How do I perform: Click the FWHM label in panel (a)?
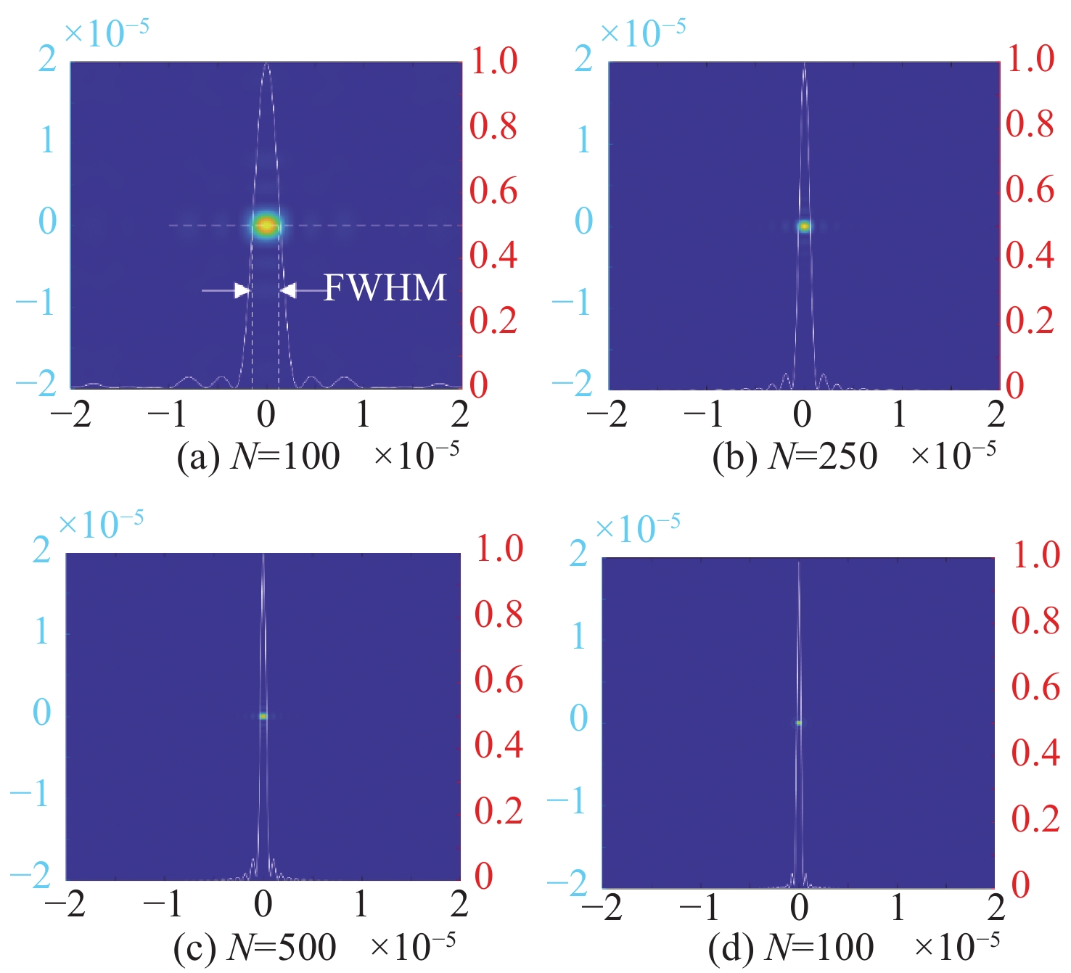click(x=385, y=288)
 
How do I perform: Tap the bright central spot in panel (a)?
click(x=266, y=225)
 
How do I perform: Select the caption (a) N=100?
click(x=258, y=457)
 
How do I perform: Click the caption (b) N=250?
click(x=795, y=457)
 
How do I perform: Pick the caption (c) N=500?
click(x=255, y=947)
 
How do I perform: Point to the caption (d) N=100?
click(x=792, y=947)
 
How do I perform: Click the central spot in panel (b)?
click(x=804, y=226)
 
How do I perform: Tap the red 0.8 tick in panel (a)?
click(x=493, y=126)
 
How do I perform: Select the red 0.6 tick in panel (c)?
click(x=499, y=680)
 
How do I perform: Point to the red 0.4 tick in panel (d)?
click(x=1036, y=753)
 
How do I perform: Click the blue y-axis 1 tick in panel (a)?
click(x=47, y=139)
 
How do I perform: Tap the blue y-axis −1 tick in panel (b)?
click(x=573, y=302)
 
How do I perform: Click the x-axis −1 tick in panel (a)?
click(x=168, y=414)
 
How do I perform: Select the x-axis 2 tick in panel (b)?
click(x=996, y=414)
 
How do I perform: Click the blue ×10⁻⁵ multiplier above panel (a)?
click(x=107, y=33)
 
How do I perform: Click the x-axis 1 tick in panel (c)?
click(x=361, y=904)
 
